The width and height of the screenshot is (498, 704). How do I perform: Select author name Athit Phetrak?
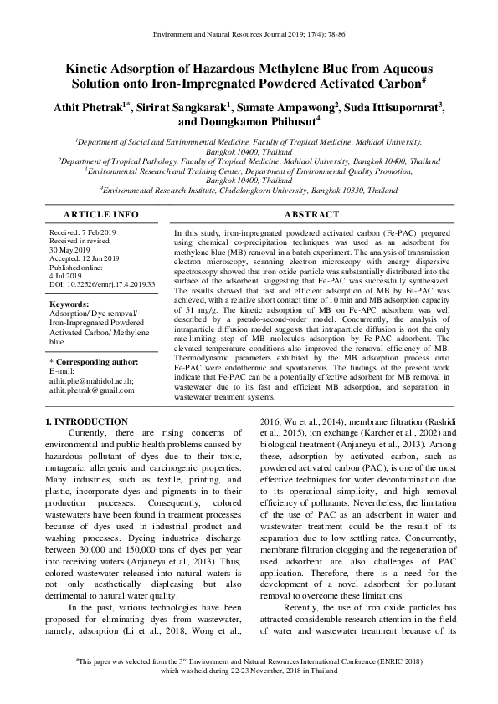94,106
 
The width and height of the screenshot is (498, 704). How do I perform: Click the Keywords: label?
69,304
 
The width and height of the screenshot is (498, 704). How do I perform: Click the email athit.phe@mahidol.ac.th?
94,380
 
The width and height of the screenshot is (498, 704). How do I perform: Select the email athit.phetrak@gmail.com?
97,390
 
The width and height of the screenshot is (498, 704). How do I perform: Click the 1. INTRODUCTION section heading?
87,422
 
